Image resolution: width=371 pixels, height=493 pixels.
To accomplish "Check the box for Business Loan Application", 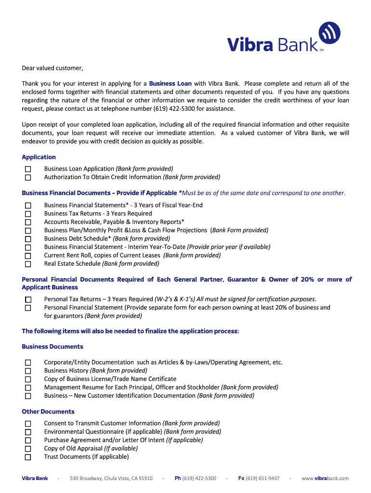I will (x=28, y=169).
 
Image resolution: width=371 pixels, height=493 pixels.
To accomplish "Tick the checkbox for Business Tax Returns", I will (x=28, y=214).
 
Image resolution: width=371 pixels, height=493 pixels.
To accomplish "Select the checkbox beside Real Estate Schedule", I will (x=28, y=264).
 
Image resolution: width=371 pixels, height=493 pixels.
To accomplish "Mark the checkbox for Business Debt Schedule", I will (x=28, y=239).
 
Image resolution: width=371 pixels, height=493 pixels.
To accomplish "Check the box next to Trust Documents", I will (x=28, y=457).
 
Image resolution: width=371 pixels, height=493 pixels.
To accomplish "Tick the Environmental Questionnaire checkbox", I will (x=28, y=432).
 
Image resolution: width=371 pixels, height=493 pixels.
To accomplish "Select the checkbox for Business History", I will (x=28, y=371).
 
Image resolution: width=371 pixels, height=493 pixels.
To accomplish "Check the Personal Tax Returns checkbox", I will (x=28, y=299).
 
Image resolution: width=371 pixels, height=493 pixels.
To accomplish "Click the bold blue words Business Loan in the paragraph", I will (x=171, y=84).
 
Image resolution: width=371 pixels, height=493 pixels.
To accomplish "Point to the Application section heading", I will (x=39, y=157).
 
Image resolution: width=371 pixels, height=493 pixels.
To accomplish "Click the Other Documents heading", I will (x=48, y=412).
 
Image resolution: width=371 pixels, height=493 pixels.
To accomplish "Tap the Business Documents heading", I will (x=53, y=347).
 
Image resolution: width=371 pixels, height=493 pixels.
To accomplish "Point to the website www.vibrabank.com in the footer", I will (x=325, y=478).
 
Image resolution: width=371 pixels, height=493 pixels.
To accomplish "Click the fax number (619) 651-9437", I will (x=263, y=478).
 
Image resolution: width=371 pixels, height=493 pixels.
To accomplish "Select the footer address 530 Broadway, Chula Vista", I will (x=111, y=478).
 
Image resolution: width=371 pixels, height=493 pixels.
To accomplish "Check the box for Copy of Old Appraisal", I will (x=28, y=449).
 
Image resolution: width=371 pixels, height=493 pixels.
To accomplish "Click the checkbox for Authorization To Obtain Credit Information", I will (x=28, y=177).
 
